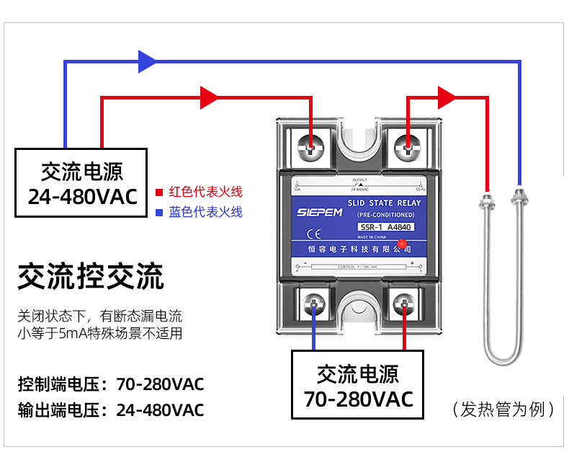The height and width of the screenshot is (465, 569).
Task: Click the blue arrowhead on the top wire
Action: pos(146,61)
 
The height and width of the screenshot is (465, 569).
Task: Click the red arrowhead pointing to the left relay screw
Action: pos(209,97)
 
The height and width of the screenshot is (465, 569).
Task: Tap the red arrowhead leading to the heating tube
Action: pos(447,97)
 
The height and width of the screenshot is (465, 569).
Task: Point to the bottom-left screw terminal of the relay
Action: pos(314,304)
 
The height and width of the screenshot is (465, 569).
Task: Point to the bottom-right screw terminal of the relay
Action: pos(405,304)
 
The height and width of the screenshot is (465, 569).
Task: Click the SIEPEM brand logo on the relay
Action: pos(317,213)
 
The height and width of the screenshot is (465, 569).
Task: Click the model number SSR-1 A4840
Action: pos(386,226)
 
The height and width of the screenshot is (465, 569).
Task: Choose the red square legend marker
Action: pos(160,192)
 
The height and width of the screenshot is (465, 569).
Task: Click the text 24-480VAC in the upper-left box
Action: pos(81,196)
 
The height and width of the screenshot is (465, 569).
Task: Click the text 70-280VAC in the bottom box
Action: pos(358,399)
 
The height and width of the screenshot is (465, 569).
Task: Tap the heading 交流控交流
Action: pos(91,276)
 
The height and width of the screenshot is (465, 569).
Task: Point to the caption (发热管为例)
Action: pos(503,409)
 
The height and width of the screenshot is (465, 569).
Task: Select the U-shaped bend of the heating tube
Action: pos(502,358)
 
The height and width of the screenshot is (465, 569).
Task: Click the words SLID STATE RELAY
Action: pos(384,203)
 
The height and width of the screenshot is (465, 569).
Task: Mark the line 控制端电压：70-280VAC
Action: pos(111,384)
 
